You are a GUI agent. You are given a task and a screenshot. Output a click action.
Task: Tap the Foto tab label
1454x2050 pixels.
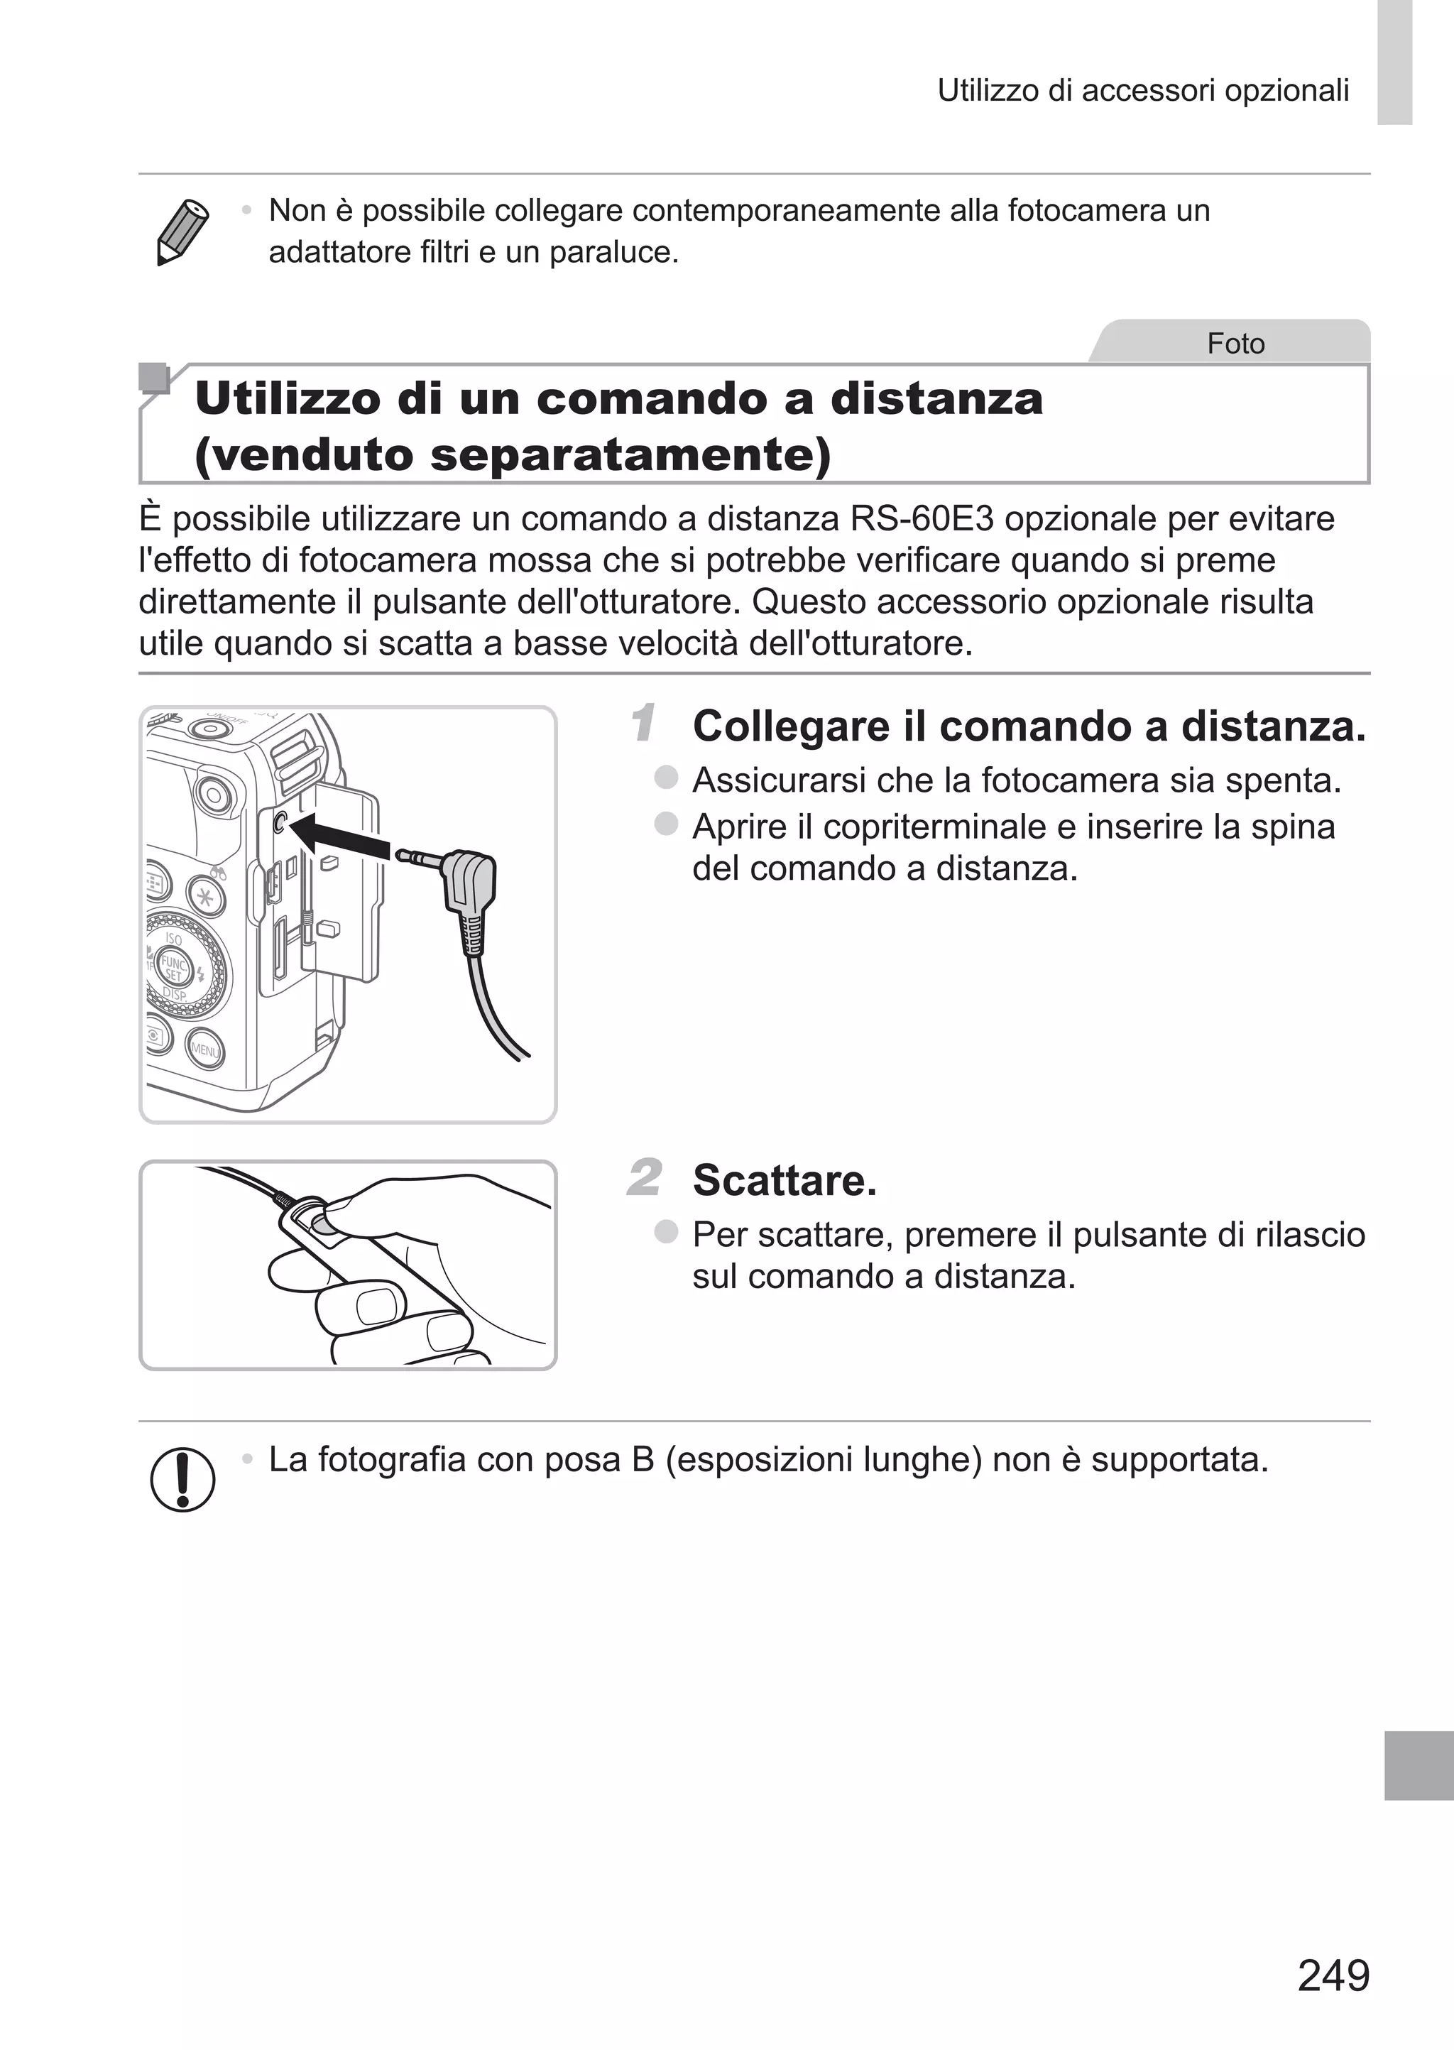(x=1235, y=344)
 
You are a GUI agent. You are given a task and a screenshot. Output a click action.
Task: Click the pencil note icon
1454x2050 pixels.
(x=182, y=232)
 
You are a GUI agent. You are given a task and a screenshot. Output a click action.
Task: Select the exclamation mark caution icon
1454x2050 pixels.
(x=182, y=1480)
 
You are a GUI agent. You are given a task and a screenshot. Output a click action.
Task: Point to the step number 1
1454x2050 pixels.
(x=643, y=724)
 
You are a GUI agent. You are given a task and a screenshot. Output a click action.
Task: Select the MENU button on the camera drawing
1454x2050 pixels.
(x=204, y=1049)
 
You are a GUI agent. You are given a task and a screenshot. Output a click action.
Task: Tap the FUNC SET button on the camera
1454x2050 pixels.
(x=172, y=969)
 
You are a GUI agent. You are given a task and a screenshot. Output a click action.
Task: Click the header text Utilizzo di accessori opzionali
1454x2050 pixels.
(x=1142, y=90)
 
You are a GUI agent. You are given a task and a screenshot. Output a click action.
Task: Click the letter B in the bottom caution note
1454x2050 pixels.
(x=642, y=1460)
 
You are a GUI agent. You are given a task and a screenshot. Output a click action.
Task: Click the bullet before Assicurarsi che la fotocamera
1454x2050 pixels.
(x=666, y=777)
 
